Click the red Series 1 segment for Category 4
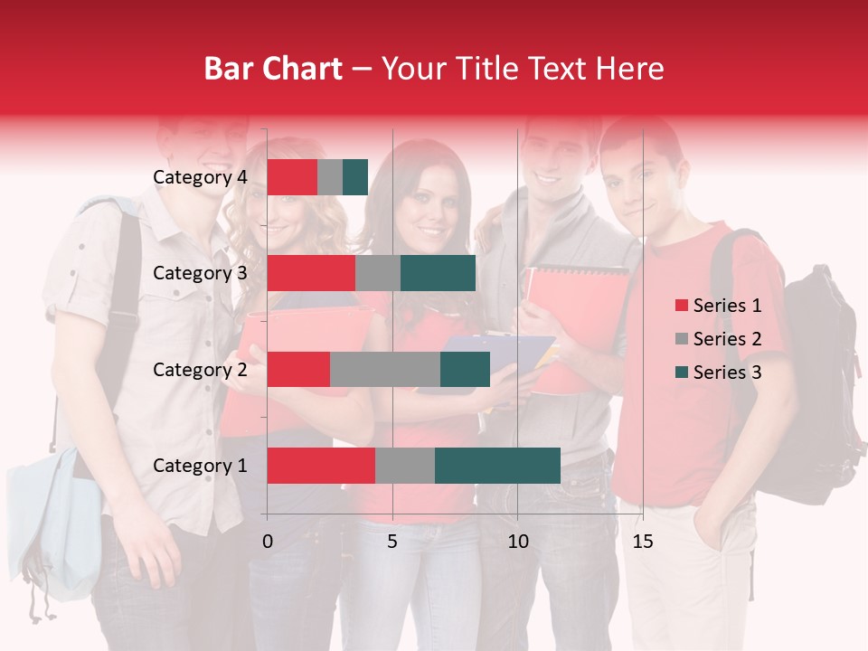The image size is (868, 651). tap(291, 177)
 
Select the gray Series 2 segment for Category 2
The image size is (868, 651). tap(384, 369)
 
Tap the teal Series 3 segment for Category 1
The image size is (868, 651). tap(497, 466)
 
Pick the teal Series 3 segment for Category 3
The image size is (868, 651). tap(438, 273)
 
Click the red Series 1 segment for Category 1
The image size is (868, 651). tap(321, 466)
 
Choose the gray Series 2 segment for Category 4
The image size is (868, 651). tap(330, 177)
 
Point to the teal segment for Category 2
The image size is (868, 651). tap(465, 369)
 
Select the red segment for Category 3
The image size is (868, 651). tap(311, 273)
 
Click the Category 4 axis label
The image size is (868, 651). tap(200, 177)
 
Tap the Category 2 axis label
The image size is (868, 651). tap(200, 369)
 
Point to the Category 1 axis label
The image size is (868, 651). tap(200, 466)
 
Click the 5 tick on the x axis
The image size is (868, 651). tap(392, 542)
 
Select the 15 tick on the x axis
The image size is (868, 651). tap(642, 542)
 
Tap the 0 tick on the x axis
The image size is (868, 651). tap(268, 542)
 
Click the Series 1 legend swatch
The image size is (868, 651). tap(682, 306)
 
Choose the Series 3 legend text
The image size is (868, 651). tap(727, 373)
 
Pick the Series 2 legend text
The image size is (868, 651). tap(727, 339)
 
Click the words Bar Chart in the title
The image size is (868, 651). tap(273, 68)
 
